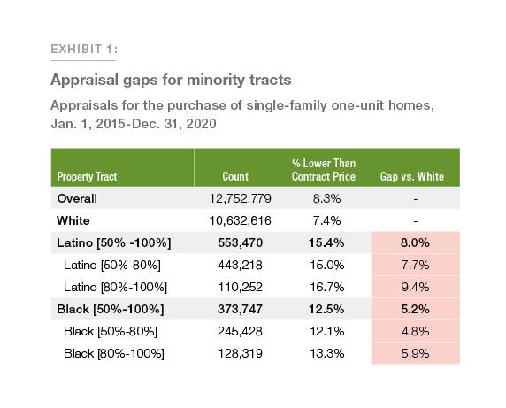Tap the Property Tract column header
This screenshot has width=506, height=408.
(87, 176)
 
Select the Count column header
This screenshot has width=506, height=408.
(236, 176)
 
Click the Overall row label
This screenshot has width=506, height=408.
(77, 198)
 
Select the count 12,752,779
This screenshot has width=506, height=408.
(236, 198)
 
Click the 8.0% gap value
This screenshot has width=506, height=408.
(416, 242)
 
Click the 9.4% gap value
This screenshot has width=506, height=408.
(416, 287)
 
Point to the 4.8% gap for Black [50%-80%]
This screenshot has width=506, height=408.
(416, 331)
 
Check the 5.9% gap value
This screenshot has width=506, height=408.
(416, 353)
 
